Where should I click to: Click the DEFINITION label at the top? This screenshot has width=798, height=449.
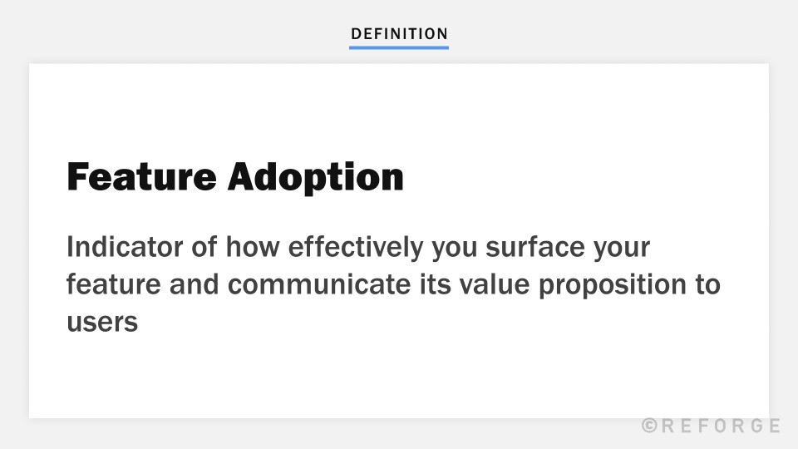pyautogui.click(x=399, y=34)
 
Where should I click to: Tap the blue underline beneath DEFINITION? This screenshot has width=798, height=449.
pyautogui.click(x=399, y=47)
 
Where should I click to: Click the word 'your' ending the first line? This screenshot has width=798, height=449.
pyautogui.click(x=622, y=249)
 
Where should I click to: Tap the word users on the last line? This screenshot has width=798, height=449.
pyautogui.click(x=101, y=322)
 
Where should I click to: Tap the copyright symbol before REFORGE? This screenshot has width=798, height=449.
pyautogui.click(x=650, y=426)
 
